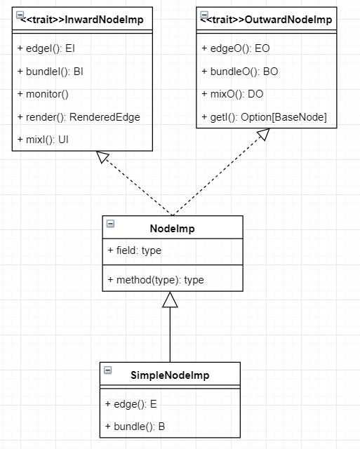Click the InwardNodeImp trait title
(82, 20)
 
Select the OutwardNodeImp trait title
(266, 20)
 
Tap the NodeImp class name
(173, 229)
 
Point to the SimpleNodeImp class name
(170, 375)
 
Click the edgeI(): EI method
(46, 48)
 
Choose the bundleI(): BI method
(51, 72)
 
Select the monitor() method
(43, 94)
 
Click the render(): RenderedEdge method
(79, 117)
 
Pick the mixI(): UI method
(43, 140)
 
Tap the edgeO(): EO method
(236, 48)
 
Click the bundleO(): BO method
(240, 72)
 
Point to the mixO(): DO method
(232, 94)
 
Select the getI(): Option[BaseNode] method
(264, 117)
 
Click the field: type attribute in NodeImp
(135, 250)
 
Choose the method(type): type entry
(156, 280)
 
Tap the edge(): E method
(131, 404)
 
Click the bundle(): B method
(135, 427)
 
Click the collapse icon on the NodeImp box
(111, 224)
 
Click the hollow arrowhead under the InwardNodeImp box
(102, 157)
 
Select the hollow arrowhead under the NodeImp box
(170, 300)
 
